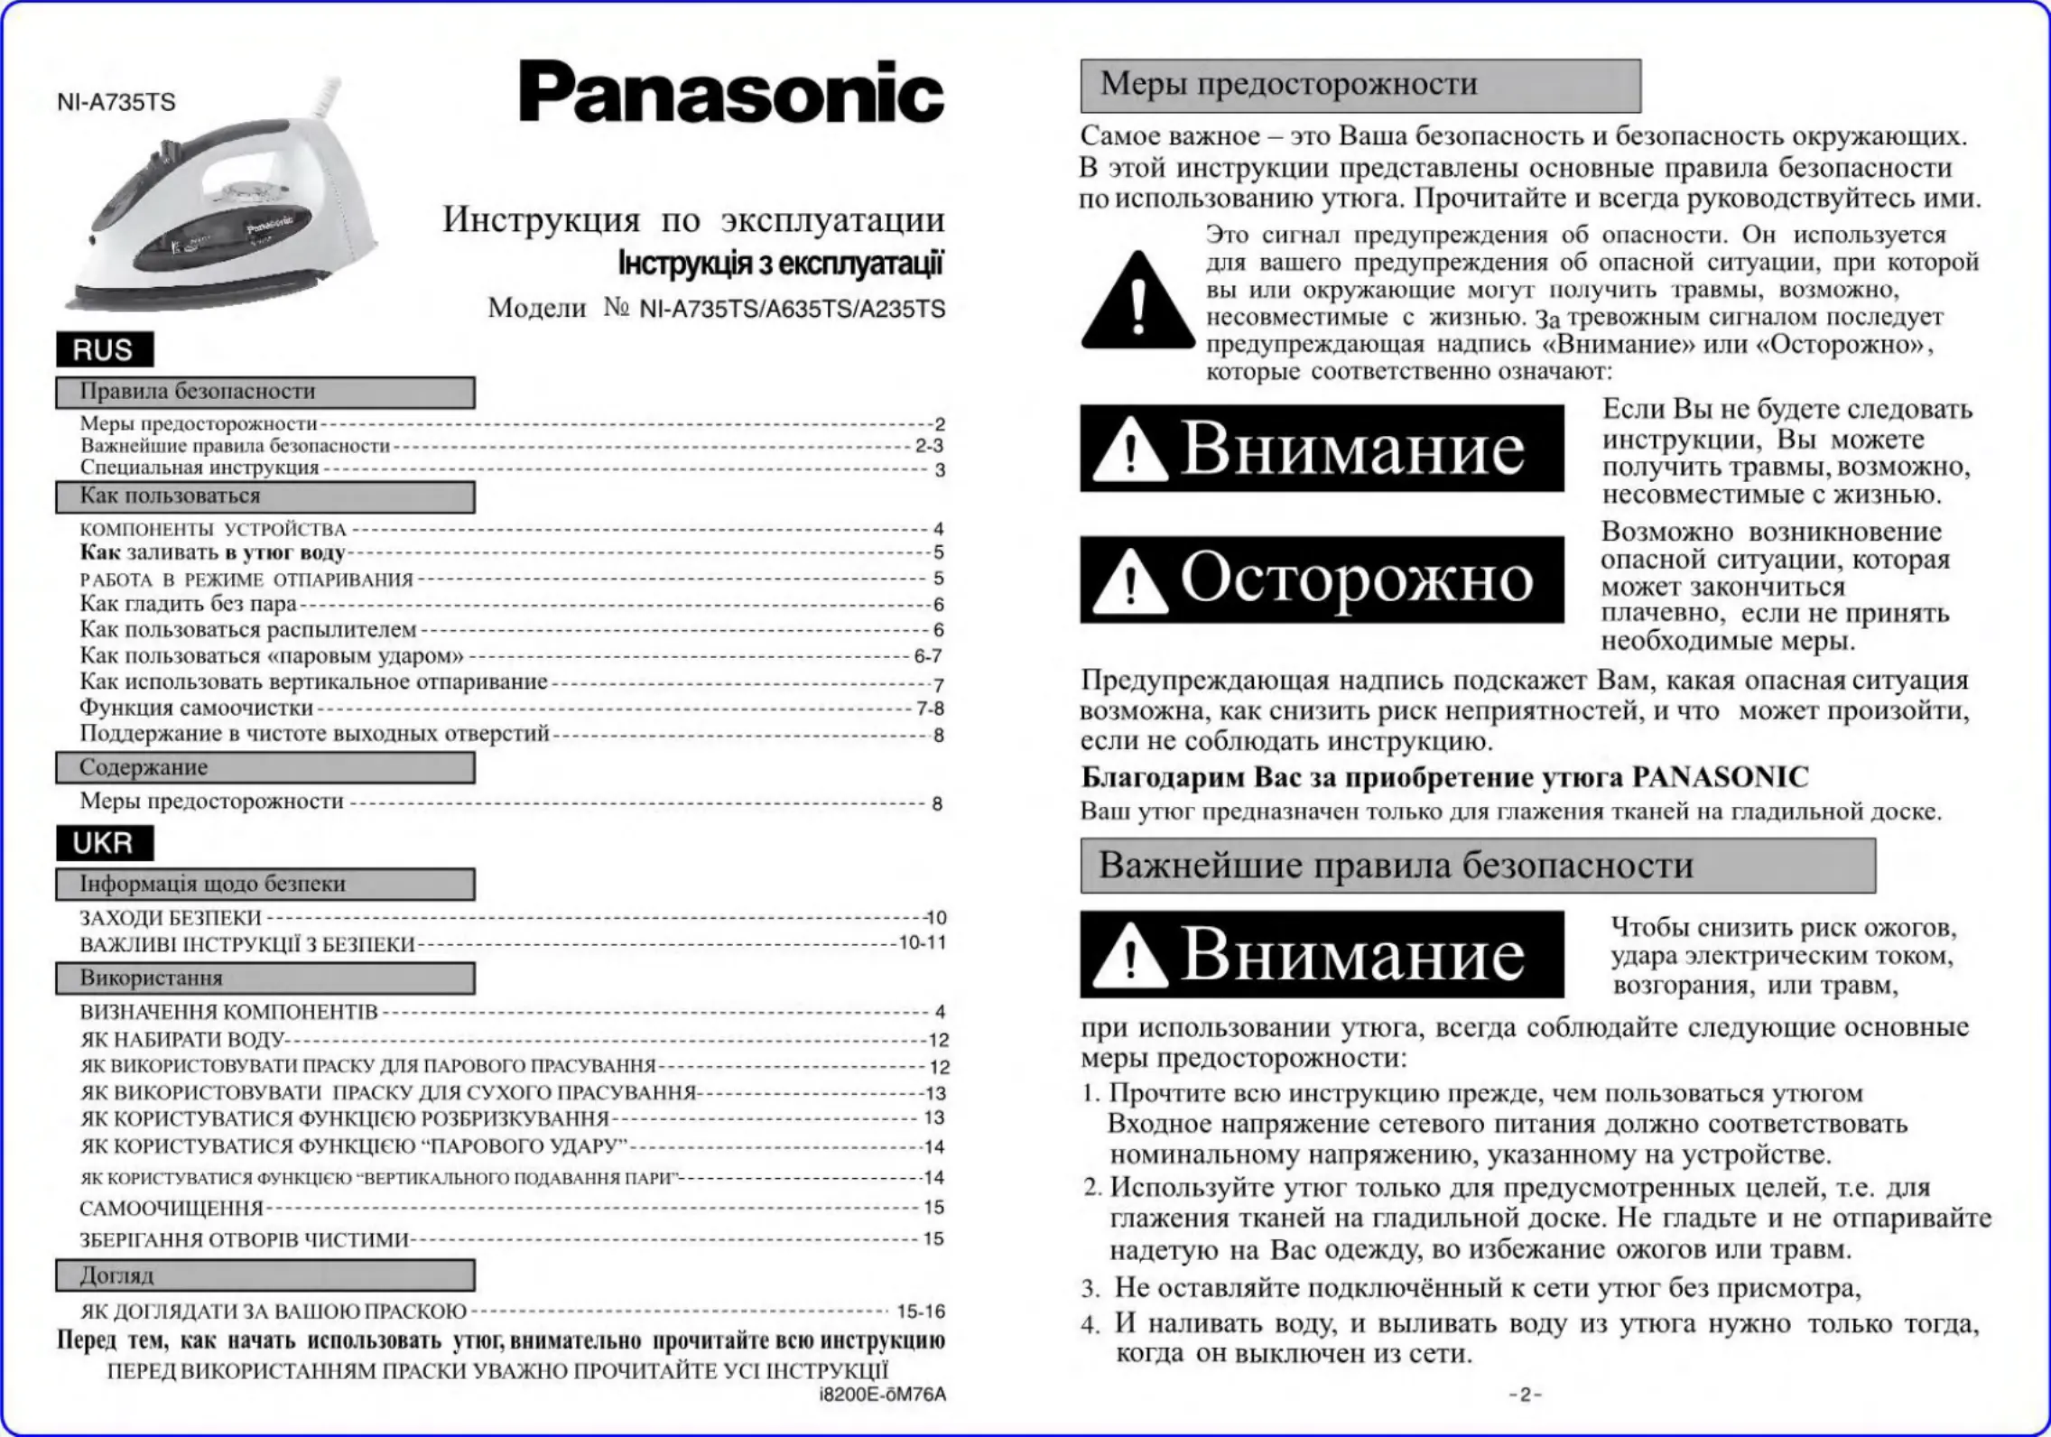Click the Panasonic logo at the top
[x=731, y=92]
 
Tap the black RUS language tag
[x=104, y=349]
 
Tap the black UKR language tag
[x=104, y=843]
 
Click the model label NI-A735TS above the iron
[x=116, y=102]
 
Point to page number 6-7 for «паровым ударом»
[x=927, y=656]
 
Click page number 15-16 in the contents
[x=920, y=1312]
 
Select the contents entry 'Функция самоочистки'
[x=196, y=708]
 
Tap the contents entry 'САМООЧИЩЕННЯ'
[x=172, y=1209]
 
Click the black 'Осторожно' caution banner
[x=1322, y=579]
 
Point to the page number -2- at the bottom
[x=1525, y=1395]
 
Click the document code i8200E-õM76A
[x=882, y=1395]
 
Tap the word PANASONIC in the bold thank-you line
[x=1720, y=777]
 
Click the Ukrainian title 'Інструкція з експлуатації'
[x=780, y=264]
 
